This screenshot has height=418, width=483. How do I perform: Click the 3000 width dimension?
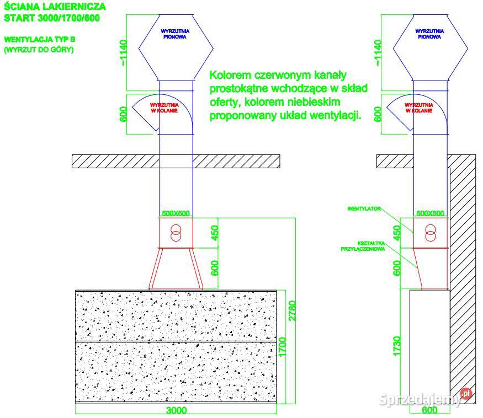(x=176, y=410)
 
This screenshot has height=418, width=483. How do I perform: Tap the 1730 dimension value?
(x=396, y=346)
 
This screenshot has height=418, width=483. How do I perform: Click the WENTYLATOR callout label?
(x=365, y=210)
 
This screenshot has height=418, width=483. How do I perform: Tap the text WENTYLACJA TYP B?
(x=40, y=40)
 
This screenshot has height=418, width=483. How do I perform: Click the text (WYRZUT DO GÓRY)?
(x=39, y=50)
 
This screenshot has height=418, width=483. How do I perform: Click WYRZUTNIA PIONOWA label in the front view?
(x=174, y=34)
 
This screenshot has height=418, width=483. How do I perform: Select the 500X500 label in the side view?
(x=430, y=213)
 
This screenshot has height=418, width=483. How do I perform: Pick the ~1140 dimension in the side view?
(x=378, y=52)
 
